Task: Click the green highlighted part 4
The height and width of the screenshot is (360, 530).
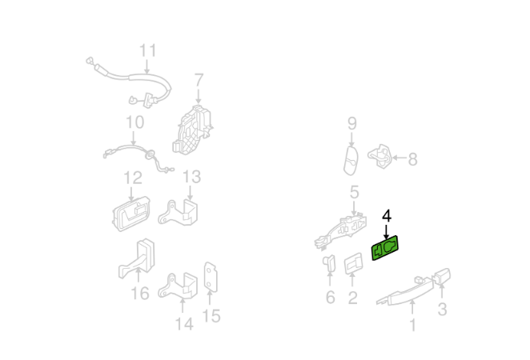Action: [385, 248]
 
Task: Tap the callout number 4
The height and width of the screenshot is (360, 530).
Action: [387, 216]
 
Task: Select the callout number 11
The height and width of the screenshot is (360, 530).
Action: [147, 50]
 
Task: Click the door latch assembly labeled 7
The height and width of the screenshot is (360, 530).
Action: [192, 130]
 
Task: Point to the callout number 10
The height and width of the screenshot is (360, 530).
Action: [135, 122]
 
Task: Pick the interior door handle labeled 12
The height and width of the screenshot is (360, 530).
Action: [131, 214]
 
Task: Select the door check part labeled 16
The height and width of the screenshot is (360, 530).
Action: [137, 258]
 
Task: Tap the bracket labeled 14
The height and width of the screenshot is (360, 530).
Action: [178, 286]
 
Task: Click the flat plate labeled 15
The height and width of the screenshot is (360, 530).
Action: [211, 277]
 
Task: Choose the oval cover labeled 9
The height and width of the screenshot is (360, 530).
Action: [351, 161]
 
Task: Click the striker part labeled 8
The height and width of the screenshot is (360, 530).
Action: [380, 156]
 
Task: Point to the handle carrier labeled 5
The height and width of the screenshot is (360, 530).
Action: [341, 231]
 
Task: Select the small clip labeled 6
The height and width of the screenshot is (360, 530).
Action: [330, 263]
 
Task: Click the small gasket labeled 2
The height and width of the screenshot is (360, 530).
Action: [353, 263]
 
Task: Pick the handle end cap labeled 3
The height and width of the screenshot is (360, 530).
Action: [442, 276]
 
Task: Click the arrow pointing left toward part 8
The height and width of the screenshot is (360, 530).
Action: [399, 158]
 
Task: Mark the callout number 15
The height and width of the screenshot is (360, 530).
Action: [211, 316]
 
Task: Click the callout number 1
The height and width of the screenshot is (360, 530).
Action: [412, 325]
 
